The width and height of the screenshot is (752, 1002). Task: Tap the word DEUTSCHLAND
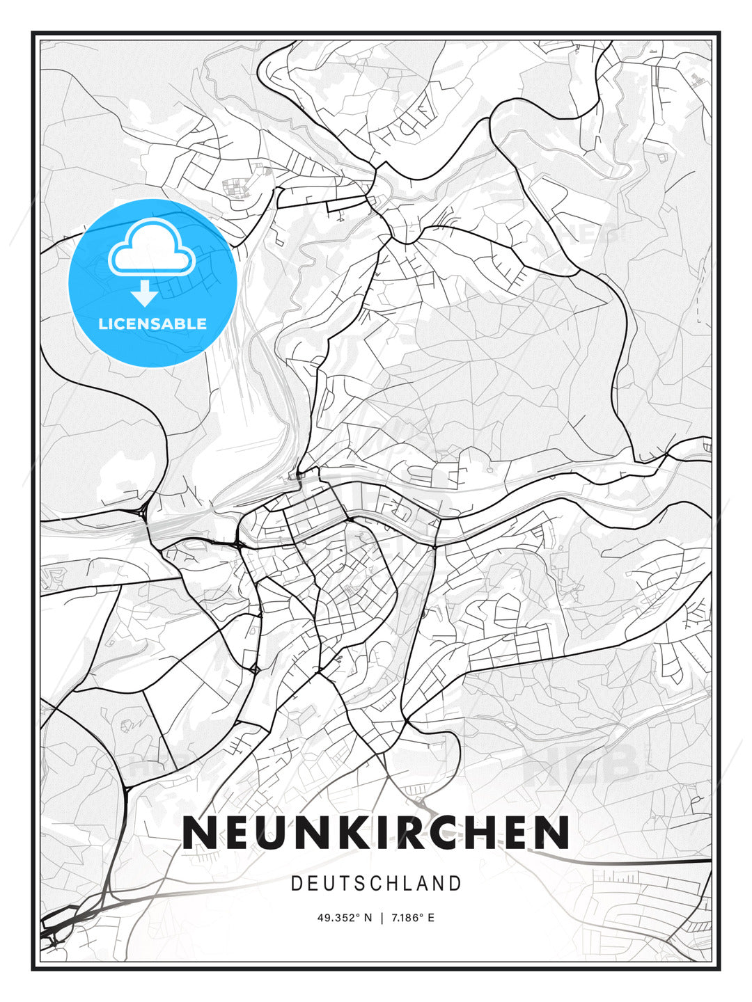pos(376,884)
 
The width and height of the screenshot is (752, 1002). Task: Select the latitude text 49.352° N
pos(345,918)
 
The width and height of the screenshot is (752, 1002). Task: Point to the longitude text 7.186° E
pos(412,918)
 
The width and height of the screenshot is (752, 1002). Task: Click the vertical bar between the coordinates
pos(382,918)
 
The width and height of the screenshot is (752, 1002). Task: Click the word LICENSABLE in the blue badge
pos(152,324)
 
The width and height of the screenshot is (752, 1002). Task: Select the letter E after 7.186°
pos(431,918)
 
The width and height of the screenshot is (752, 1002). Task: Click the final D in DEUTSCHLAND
pos(456,884)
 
